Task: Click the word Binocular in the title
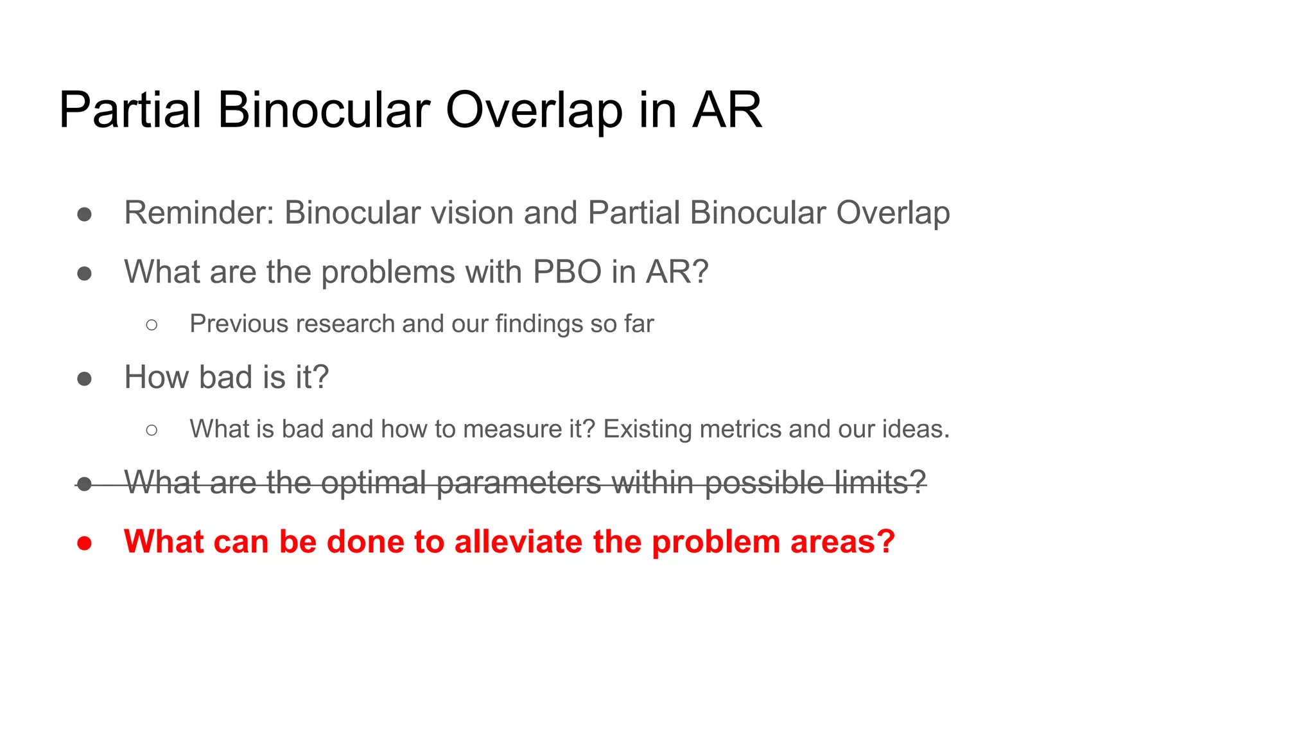324,110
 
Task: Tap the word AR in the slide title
727,110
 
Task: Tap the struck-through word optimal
373,482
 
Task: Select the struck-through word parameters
519,483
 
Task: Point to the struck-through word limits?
880,482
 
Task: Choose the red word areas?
842,542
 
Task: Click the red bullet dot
84,543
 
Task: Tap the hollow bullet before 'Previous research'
152,325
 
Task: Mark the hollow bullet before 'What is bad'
152,430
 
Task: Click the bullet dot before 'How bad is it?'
84,378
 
